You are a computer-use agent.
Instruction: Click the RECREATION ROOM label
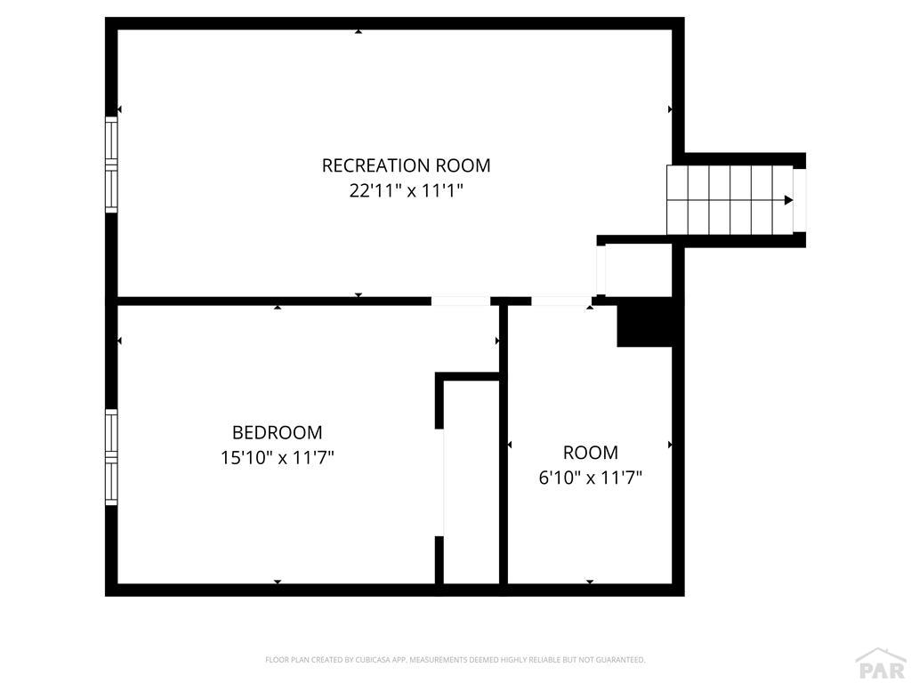click(406, 165)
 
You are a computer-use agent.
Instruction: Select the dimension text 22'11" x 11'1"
click(406, 190)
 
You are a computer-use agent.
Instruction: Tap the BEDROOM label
click(277, 433)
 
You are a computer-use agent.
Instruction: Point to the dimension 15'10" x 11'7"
click(277, 458)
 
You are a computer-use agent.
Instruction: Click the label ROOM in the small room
click(590, 452)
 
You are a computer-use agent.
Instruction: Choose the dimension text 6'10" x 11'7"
click(590, 478)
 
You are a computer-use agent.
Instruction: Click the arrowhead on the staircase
click(788, 200)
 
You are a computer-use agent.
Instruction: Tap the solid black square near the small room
click(644, 322)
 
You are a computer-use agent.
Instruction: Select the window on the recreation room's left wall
click(111, 165)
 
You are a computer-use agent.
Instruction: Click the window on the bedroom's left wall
click(111, 456)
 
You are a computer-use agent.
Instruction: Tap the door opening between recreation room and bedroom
click(461, 301)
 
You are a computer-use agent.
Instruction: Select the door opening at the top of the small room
click(561, 301)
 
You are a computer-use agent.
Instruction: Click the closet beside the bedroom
click(472, 480)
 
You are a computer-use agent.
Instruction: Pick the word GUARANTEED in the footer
click(619, 660)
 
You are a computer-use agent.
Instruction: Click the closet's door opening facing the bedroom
click(440, 482)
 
